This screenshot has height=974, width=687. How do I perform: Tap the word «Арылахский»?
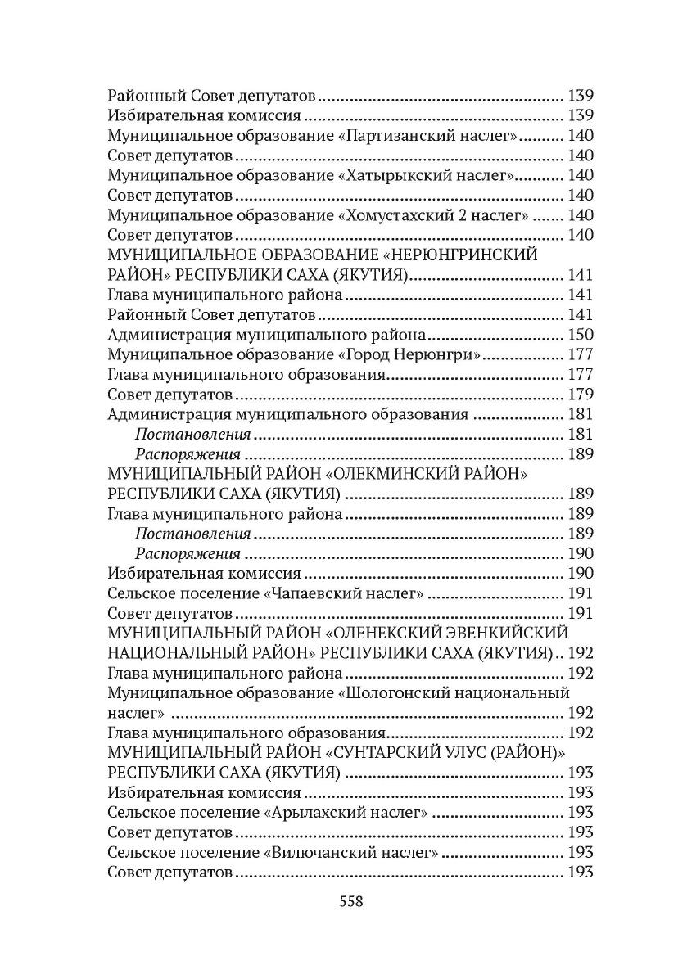click(x=311, y=813)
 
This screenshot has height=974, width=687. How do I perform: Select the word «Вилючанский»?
click(x=314, y=852)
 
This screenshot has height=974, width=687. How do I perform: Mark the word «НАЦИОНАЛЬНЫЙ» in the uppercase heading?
click(x=175, y=653)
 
